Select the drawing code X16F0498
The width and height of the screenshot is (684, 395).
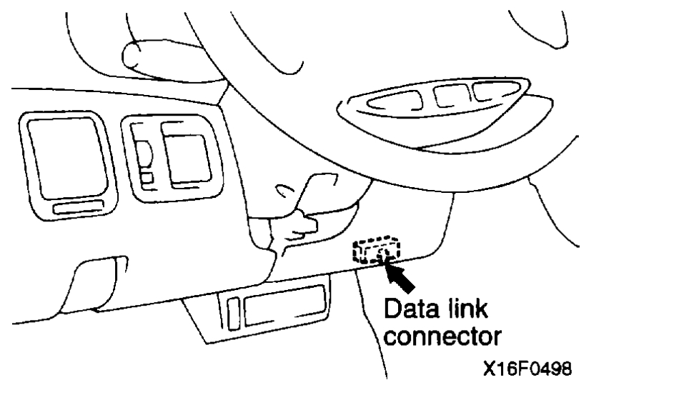pos(527,371)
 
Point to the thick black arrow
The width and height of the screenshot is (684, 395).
pos(400,276)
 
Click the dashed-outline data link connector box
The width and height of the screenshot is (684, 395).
pos(375,251)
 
